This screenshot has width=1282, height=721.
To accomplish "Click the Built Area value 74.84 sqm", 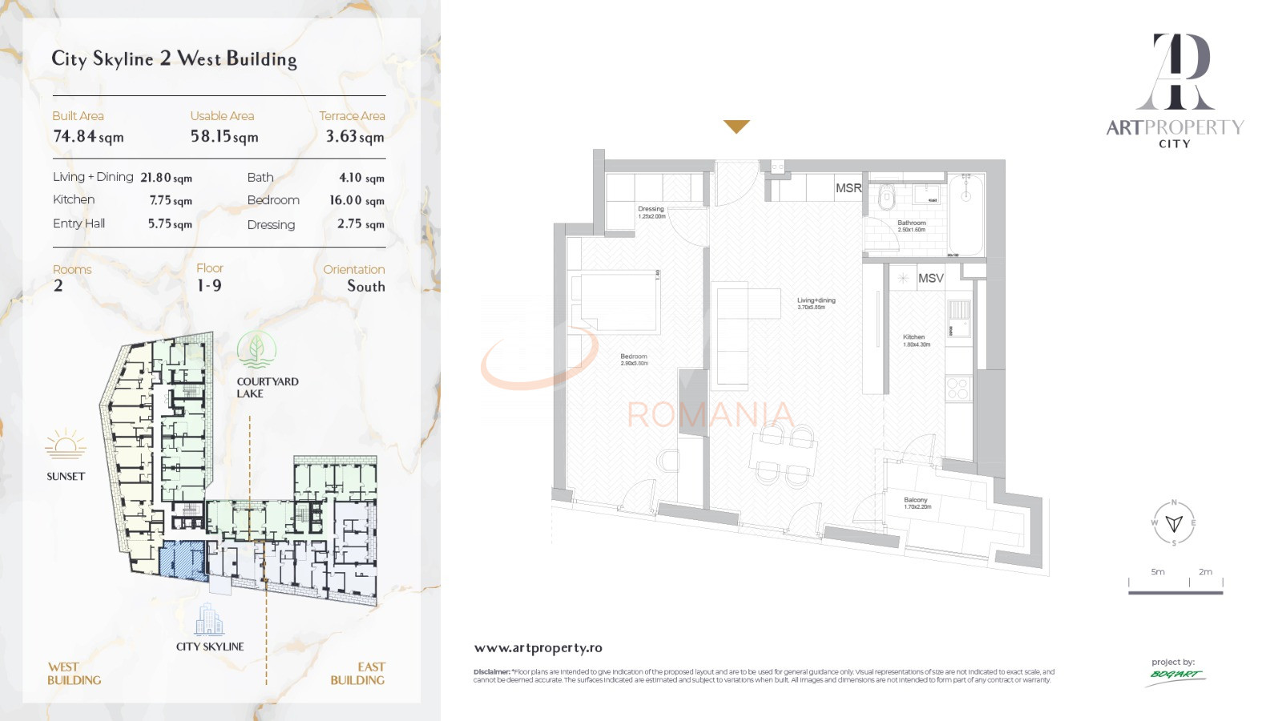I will pos(88,137).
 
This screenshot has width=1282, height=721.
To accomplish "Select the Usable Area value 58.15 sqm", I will pos(224,137).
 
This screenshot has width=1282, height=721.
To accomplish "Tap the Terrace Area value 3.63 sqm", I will pos(355,137).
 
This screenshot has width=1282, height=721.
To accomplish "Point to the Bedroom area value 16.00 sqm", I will pos(357,200).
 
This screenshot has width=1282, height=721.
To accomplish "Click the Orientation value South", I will pos(365,286).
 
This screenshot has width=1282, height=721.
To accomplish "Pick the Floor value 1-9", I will pos(209,286).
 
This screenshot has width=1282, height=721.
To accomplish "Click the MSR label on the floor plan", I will pos(849,188).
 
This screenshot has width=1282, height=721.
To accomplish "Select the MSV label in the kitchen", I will pos(930,278).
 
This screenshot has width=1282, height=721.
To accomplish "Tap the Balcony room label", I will pos(916,500).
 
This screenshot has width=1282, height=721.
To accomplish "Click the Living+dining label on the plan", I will pos(816,300).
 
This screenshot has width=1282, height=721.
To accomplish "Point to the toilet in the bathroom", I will pos(885,197).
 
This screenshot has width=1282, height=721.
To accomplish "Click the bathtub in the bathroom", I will pos(966,215).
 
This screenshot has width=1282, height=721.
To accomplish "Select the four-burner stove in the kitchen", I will pos(958,389).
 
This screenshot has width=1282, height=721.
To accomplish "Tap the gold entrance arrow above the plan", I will pos(736,127).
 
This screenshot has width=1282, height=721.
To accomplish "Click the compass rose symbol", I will pos(1174,523).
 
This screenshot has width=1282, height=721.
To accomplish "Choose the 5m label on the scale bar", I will pos(1158,572).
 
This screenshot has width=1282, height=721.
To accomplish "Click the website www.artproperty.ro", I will pos(538,648).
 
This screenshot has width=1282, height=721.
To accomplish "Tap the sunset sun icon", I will pos(66,444).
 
